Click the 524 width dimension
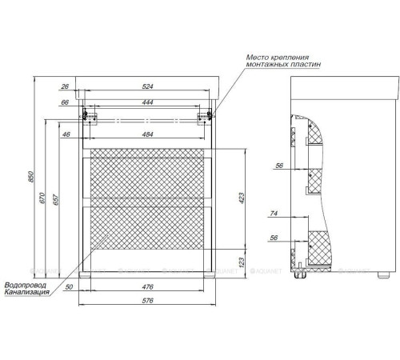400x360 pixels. click(147, 86)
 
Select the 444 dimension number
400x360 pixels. click(147, 102)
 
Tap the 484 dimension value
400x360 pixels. click(147, 134)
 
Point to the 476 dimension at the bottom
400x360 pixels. click(147, 287)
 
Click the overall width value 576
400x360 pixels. click(147, 301)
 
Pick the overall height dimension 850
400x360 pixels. click(31, 177)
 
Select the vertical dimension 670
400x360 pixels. click(43, 198)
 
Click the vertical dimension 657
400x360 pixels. click(56, 200)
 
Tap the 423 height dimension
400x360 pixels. click(242, 198)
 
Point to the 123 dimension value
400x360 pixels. click(242, 262)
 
